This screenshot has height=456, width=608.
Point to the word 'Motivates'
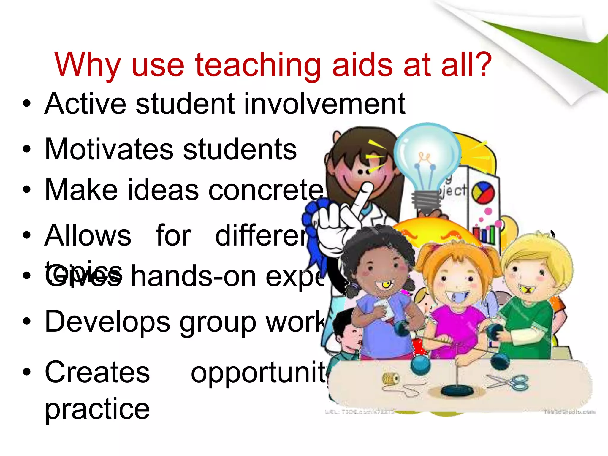(x=109, y=149)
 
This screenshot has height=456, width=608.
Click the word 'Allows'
(x=88, y=235)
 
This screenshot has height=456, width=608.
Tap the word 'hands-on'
(x=193, y=277)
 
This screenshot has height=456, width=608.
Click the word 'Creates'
(x=97, y=372)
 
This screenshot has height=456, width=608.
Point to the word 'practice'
(x=97, y=409)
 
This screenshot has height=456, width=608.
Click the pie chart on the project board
(x=483, y=192)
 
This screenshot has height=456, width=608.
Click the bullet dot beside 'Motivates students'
(x=27, y=149)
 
